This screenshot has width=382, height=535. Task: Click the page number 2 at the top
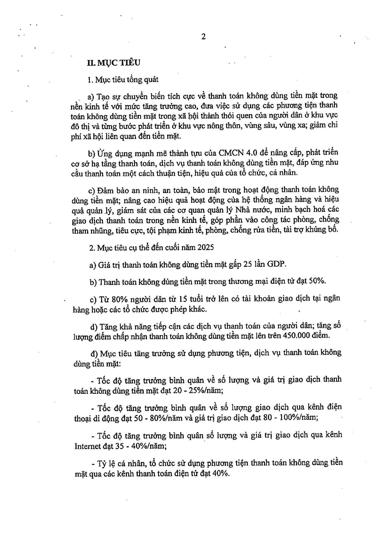click(x=204, y=37)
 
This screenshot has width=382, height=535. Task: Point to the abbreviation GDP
click(x=276, y=265)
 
